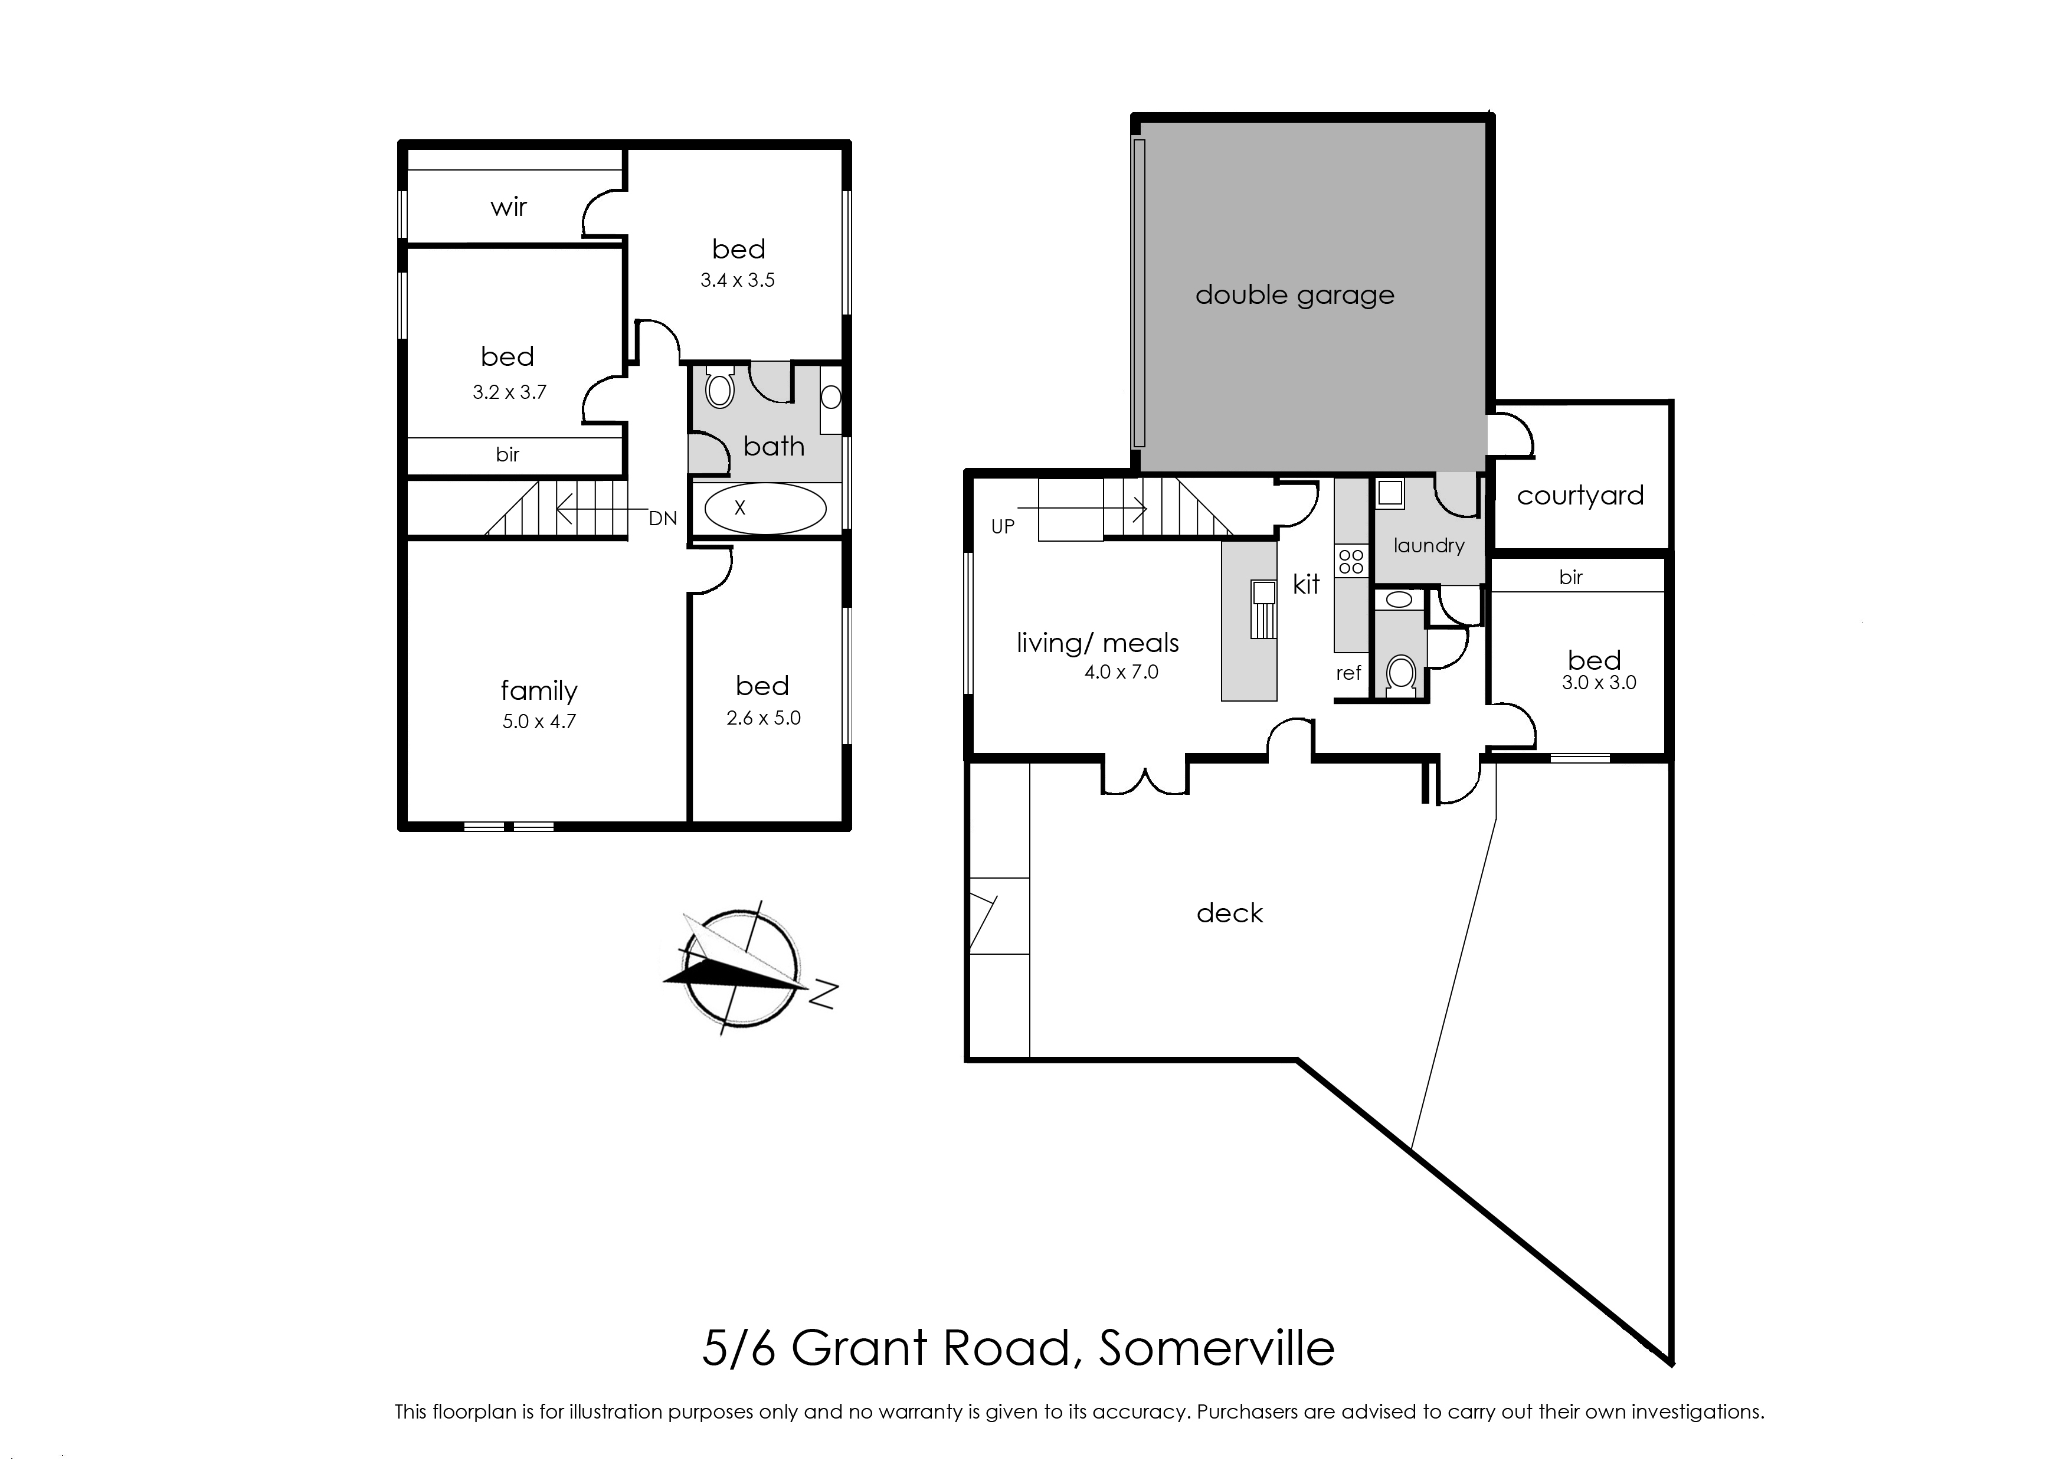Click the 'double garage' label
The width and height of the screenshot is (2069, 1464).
coord(1295,296)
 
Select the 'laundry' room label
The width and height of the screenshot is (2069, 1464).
coord(1429,545)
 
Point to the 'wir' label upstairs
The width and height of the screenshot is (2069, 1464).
coord(509,207)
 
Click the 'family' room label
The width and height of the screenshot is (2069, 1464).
coord(539,690)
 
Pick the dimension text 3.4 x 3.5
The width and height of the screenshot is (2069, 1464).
coord(738,280)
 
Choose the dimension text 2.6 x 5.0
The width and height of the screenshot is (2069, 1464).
coord(764,719)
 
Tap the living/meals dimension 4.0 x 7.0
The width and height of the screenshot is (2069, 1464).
coord(1121,672)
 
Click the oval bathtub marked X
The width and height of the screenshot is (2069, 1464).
coord(764,509)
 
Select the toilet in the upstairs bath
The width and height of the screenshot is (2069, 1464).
coord(719,387)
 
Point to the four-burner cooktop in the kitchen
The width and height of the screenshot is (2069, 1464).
coord(1351,562)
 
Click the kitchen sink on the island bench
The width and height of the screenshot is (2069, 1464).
coord(1263,610)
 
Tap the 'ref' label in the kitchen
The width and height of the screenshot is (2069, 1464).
coord(1348,673)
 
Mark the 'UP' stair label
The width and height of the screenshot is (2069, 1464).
coord(1003,526)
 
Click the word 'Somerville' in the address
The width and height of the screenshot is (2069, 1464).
coord(1217,1348)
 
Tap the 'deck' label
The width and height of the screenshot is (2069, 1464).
coord(1230,913)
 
